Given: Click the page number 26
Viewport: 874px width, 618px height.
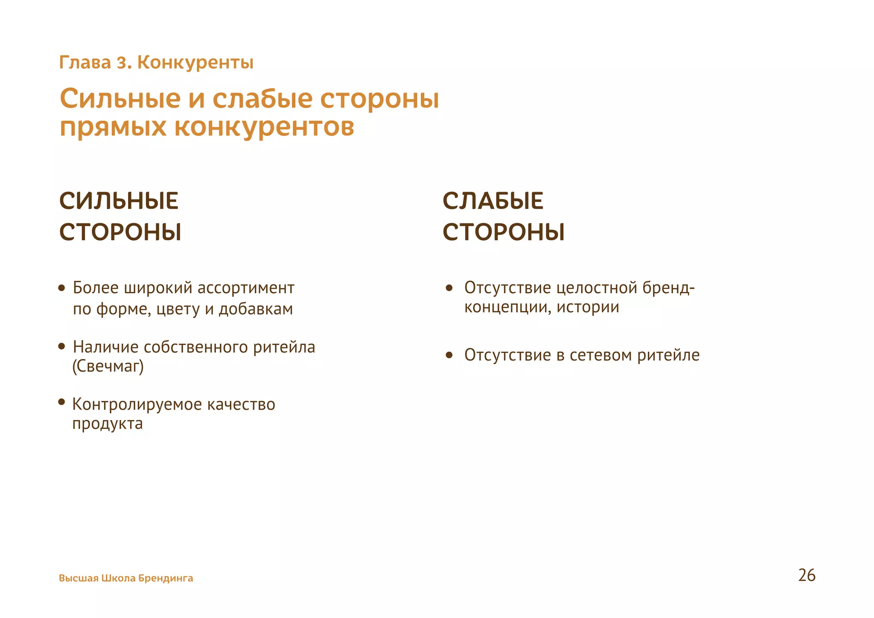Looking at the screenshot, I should (x=807, y=575).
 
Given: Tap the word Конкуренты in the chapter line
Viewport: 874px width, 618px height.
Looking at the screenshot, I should (x=195, y=63).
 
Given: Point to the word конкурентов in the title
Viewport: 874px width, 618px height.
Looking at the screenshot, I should (x=264, y=127).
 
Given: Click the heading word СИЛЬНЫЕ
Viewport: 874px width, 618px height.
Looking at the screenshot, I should (x=119, y=201).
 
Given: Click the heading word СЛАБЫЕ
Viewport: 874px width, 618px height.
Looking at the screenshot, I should (x=493, y=201).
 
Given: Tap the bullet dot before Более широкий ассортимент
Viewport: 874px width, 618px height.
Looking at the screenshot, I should (x=62, y=288).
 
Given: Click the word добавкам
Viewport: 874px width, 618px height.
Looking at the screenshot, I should (x=256, y=309).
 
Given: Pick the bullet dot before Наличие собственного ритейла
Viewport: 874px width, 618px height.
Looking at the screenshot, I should (x=62, y=346).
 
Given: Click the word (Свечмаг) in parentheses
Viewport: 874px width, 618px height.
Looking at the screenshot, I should (x=108, y=366).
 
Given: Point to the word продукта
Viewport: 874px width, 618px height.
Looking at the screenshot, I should (x=108, y=424).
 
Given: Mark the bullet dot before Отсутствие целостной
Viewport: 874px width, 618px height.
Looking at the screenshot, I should (x=449, y=288).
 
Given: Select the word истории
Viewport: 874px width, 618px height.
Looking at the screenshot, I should (x=588, y=307).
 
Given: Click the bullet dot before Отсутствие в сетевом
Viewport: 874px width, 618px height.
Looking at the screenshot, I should (x=449, y=355).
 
